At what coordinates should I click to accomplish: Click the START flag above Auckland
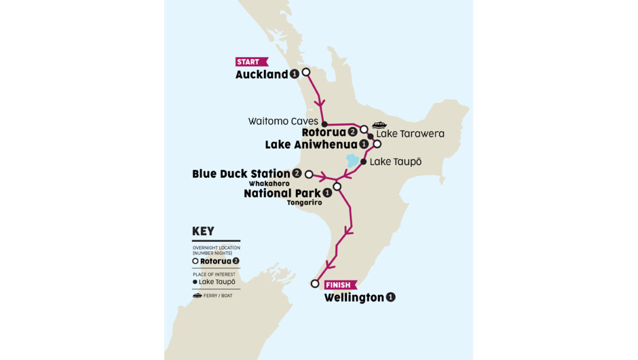pos(251,62)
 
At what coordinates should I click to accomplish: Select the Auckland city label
pos(261,75)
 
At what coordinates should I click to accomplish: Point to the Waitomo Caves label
pos(283,122)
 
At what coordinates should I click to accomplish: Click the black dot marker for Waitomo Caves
pos(324,124)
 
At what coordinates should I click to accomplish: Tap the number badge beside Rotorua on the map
pos(352,132)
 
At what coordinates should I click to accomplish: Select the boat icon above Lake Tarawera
pos(379,125)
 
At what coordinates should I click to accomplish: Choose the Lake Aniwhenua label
pos(311,145)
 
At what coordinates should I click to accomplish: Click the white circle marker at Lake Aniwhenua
pos(377,144)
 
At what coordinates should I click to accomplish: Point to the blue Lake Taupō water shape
pos(352,161)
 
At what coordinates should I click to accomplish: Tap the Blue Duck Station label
pos(241,174)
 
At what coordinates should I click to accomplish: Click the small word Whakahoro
pos(269,183)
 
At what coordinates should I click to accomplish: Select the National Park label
pos(282,193)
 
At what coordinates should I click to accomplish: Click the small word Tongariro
pos(304,202)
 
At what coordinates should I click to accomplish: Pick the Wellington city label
pos(354,298)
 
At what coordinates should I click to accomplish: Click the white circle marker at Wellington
pos(314,284)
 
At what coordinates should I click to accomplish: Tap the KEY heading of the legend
pos(203,231)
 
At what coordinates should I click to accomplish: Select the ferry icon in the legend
pos(197,295)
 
